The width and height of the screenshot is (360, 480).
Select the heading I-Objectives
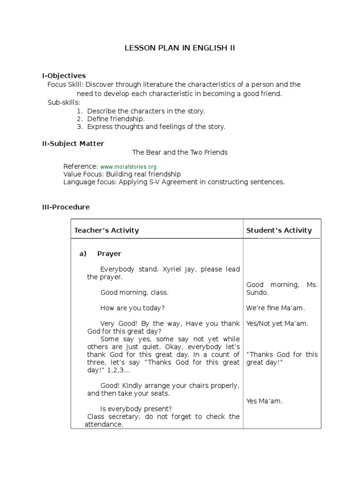coord(64,75)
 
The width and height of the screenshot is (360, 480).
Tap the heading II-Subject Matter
coord(73,143)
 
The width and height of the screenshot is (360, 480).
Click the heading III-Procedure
coord(66,207)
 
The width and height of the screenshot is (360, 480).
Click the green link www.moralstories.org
coord(128,166)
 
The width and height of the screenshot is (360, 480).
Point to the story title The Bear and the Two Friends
coord(180,152)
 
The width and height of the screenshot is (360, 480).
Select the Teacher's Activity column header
coord(107,230)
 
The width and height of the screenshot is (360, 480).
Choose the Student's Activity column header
coord(279,230)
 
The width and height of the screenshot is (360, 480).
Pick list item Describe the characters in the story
coord(146,111)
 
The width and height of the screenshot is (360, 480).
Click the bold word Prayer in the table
coord(109,254)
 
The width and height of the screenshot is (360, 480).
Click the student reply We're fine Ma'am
coord(276,308)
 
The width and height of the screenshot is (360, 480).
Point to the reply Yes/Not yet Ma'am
coord(277,323)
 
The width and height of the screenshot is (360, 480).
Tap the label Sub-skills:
coord(64,102)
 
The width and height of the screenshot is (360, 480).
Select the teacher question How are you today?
coord(132,308)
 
